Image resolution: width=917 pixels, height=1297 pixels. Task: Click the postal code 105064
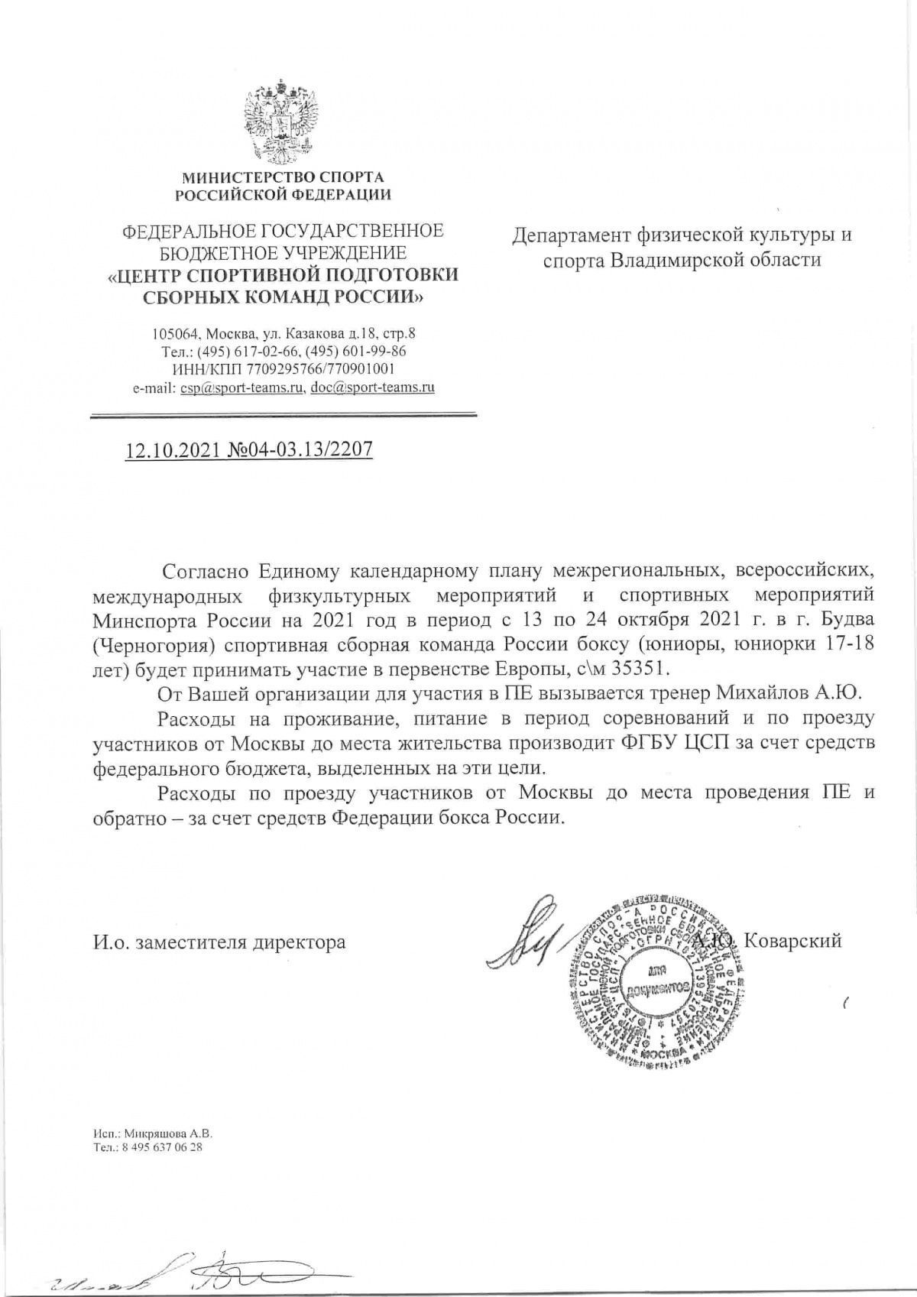176,334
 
